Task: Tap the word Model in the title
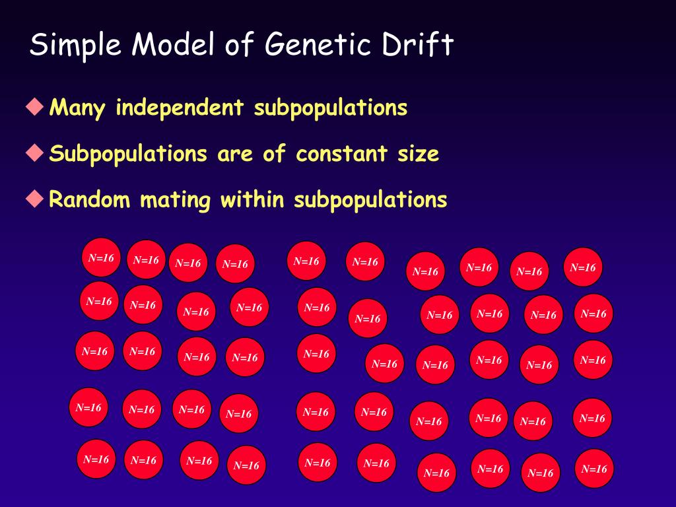tap(174, 45)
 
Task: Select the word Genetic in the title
tap(312, 45)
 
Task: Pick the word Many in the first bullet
tap(78, 107)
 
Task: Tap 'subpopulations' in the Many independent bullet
tap(331, 108)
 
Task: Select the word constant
tap(341, 153)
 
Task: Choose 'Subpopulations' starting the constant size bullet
tap(128, 154)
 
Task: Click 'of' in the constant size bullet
tap(274, 153)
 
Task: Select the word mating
tap(175, 200)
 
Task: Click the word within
tap(252, 199)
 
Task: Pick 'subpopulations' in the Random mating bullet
tap(371, 200)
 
